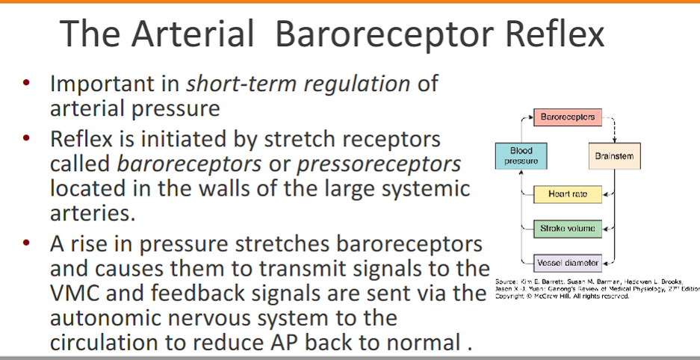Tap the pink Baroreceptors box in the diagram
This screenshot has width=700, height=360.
click(x=568, y=117)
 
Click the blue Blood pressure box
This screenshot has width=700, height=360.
click(x=521, y=156)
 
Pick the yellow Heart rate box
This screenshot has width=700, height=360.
click(x=568, y=194)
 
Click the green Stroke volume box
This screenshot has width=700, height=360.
click(x=568, y=229)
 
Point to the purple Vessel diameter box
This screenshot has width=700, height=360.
click(x=568, y=262)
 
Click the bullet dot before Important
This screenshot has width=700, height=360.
click(x=27, y=83)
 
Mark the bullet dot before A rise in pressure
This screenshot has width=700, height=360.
click(x=27, y=243)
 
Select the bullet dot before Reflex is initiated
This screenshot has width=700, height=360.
click(x=27, y=139)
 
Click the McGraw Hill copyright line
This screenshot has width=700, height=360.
click(x=562, y=296)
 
